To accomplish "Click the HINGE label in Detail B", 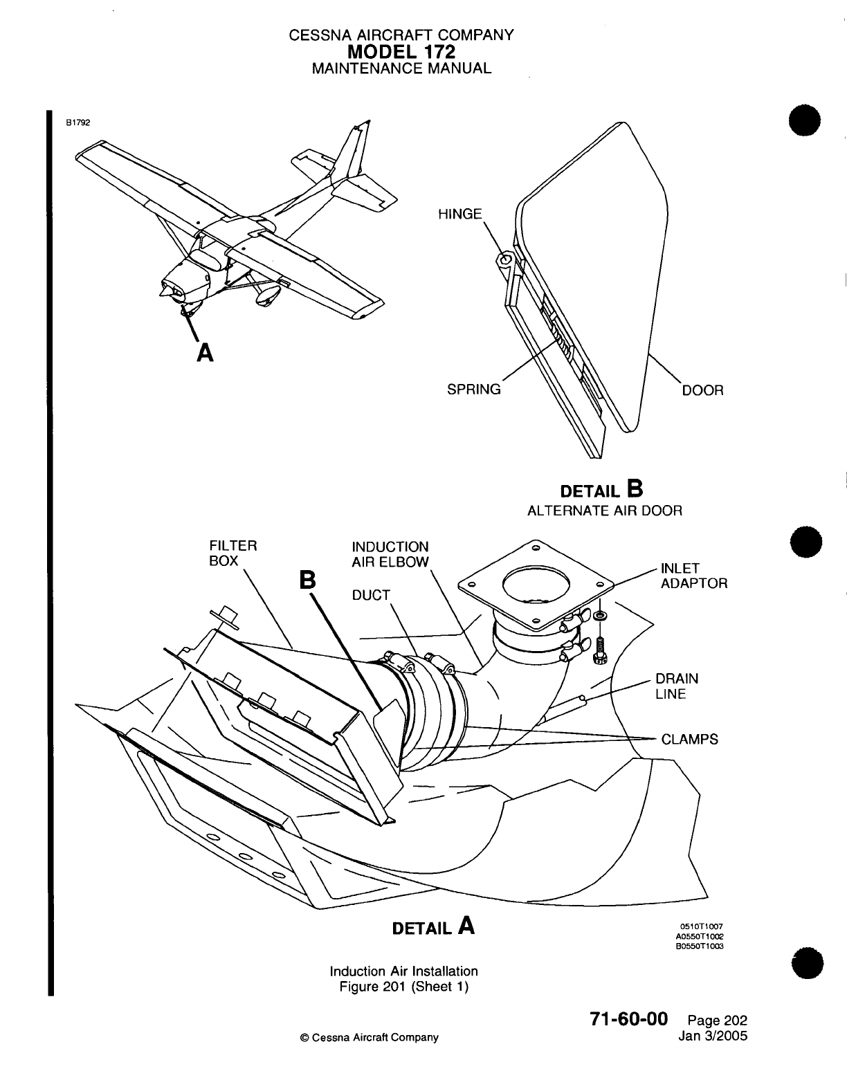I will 460,214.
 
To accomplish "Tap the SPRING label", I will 474,390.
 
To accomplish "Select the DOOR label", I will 702,390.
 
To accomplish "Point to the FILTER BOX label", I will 233,553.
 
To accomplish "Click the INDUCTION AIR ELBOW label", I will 390,554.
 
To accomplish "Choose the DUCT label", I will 371,595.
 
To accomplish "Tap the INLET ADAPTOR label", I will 694,576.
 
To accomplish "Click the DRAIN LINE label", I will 677,686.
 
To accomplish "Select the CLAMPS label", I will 689,740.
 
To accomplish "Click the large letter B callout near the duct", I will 307,580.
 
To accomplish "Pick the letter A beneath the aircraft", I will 204,353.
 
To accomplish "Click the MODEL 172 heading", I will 401,51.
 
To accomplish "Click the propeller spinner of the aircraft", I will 165,293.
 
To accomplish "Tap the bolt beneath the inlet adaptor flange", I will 599,648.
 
